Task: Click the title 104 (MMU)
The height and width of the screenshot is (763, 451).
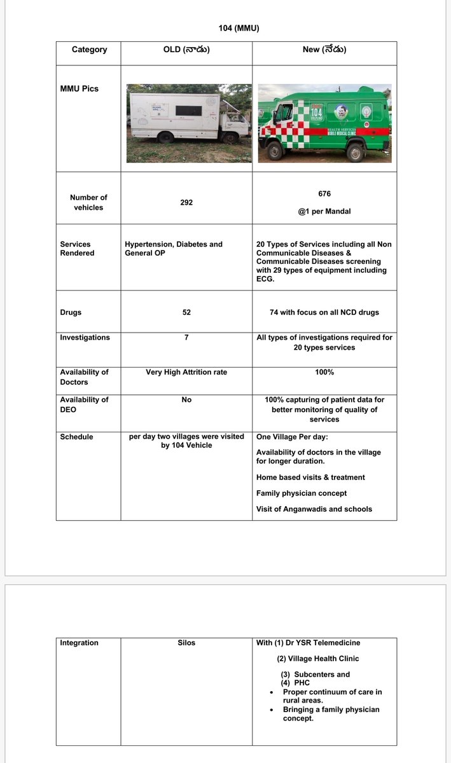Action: click(239, 28)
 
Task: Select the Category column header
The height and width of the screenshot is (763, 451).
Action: click(89, 50)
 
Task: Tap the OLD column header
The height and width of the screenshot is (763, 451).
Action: click(186, 50)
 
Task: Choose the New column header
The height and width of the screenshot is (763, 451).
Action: click(324, 50)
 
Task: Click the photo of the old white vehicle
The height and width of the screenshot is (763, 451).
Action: click(189, 123)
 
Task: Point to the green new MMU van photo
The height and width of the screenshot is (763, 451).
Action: click(324, 123)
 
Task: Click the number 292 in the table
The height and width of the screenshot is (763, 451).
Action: click(186, 202)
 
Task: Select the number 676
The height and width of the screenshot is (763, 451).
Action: click(324, 193)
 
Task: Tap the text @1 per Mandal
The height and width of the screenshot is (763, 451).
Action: click(324, 212)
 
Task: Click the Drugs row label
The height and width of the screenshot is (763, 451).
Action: click(71, 313)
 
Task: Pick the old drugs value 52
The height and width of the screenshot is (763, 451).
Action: click(186, 313)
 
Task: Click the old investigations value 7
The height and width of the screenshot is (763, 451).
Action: click(186, 338)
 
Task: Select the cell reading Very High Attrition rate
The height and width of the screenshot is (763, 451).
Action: click(186, 372)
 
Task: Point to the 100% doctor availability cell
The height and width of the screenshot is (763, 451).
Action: click(324, 372)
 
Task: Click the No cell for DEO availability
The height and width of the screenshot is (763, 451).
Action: click(186, 400)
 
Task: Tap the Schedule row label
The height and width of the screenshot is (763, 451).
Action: click(76, 437)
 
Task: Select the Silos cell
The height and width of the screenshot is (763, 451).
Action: click(186, 643)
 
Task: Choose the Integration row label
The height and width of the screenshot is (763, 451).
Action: click(79, 643)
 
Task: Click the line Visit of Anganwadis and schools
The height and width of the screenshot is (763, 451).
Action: click(314, 509)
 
